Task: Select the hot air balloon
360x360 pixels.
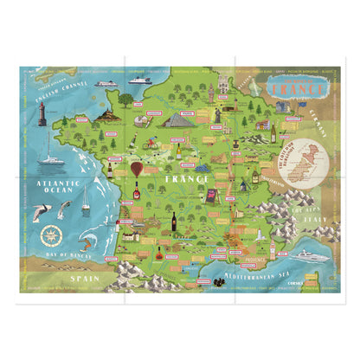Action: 138,167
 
